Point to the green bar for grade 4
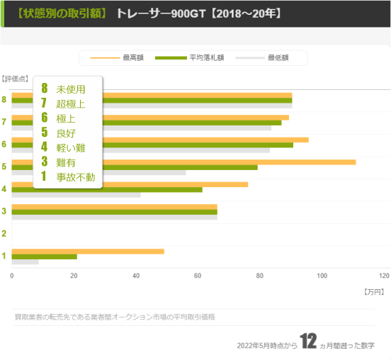[x=106, y=189]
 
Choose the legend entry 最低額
[x=277, y=57]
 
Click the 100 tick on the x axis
[x=322, y=276]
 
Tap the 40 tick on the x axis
[x=136, y=276]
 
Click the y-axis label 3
[x=4, y=211]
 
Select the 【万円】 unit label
[x=373, y=291]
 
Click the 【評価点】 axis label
[x=15, y=78]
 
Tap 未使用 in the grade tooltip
[x=70, y=89]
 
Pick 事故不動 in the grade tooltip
[x=75, y=176]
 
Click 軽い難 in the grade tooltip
[x=70, y=147]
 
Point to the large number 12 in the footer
[x=307, y=342]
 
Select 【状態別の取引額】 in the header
[x=62, y=13]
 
